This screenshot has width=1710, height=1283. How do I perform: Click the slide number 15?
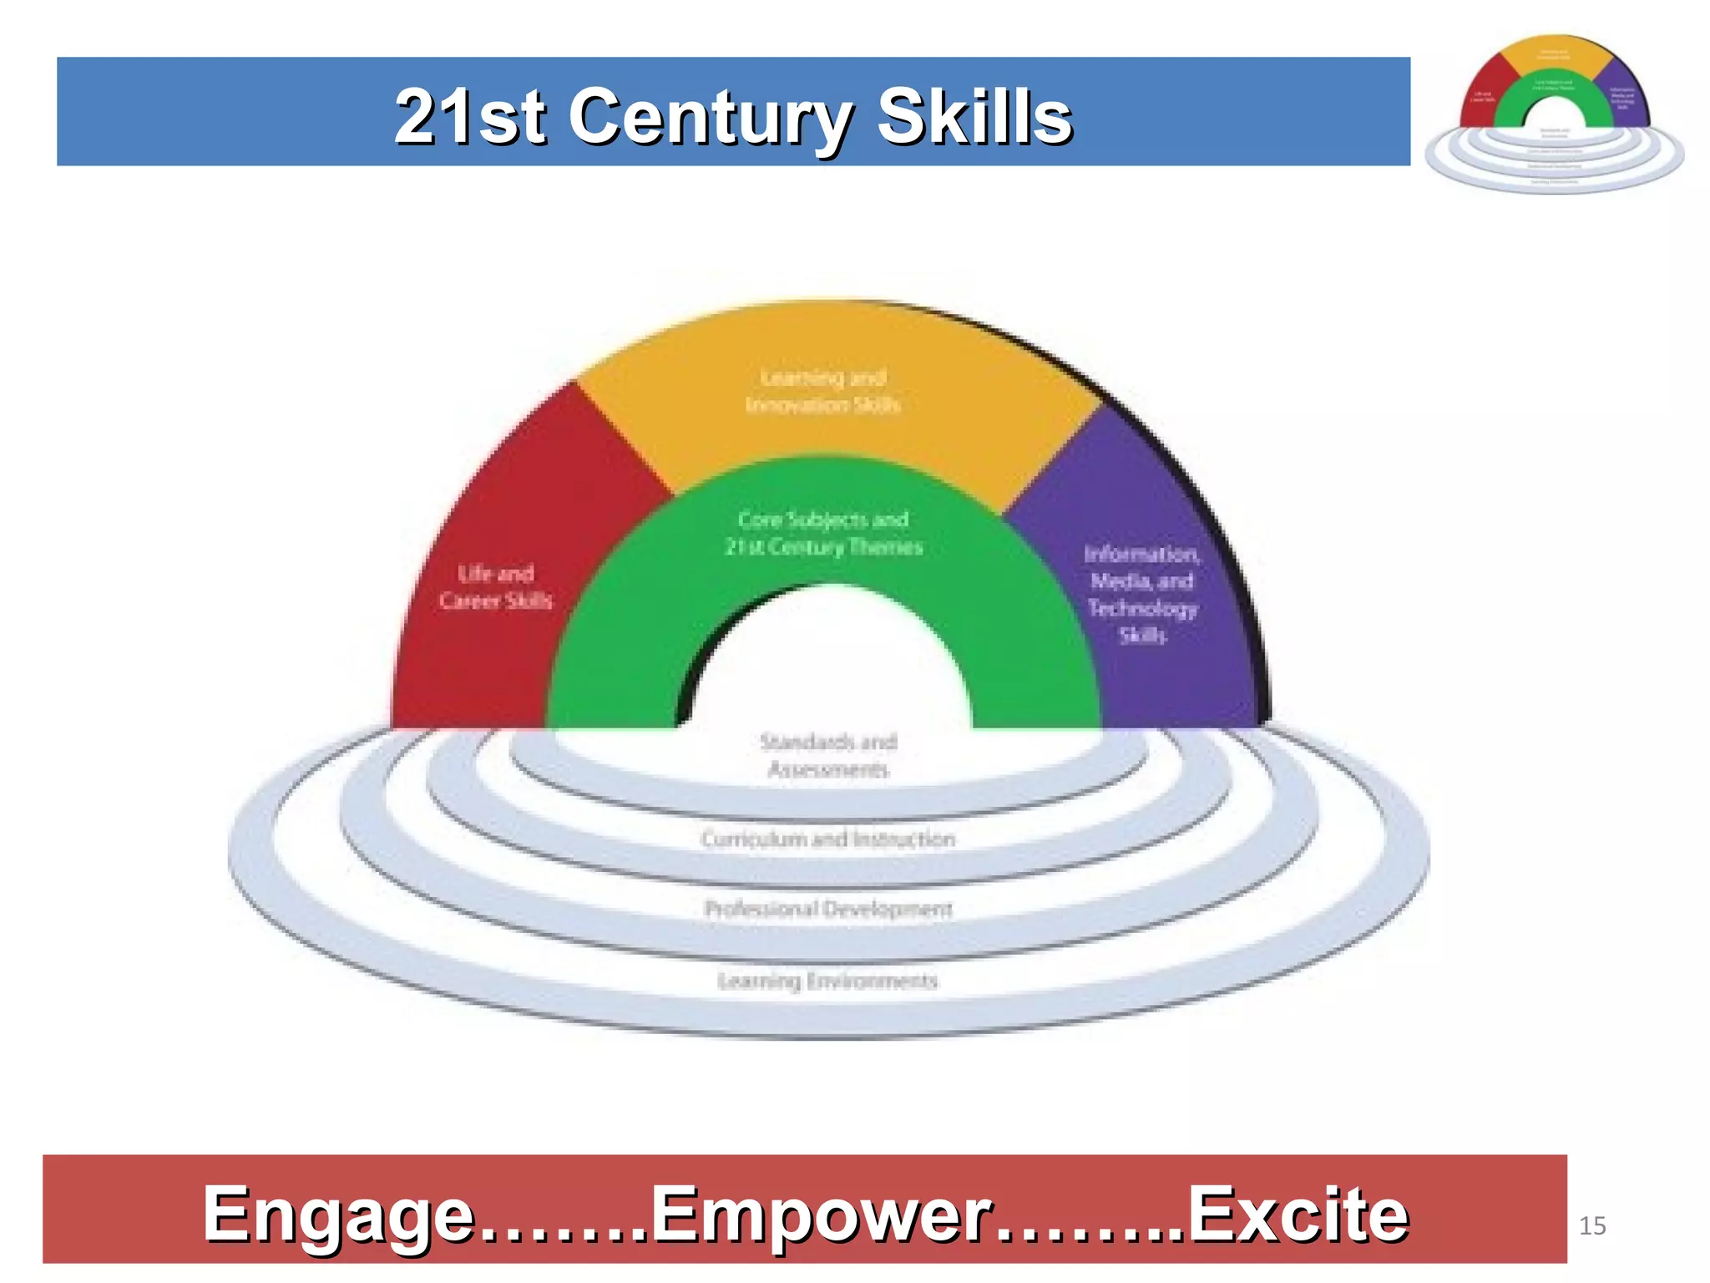(1592, 1225)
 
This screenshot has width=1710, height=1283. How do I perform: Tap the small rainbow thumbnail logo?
(1554, 113)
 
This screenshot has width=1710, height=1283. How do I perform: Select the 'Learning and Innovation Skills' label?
(823, 391)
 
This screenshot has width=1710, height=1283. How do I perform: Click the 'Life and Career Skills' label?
(496, 587)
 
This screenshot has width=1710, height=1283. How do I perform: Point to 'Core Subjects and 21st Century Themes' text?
(823, 533)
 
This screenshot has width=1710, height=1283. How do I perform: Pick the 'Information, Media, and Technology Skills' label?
(1142, 594)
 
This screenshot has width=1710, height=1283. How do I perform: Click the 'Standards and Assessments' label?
(828, 755)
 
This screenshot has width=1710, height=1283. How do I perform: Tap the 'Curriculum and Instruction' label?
(828, 839)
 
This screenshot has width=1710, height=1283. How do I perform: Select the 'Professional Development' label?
(828, 909)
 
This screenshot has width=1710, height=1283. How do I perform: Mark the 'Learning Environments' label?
(828, 981)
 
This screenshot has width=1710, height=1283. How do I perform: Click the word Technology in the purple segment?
(1142, 608)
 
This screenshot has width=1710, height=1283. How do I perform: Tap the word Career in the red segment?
(468, 601)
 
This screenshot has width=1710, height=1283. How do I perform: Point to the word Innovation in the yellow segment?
(793, 405)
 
